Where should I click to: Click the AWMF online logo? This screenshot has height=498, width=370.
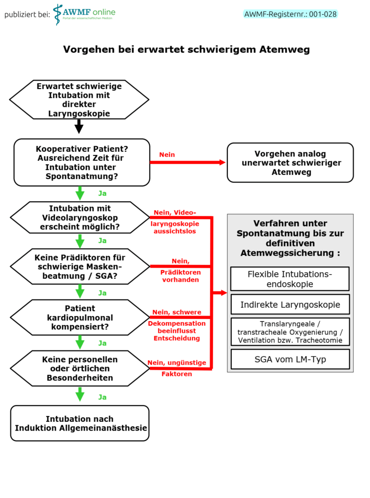click(84, 14)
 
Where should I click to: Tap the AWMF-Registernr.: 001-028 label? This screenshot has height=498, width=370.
click(291, 14)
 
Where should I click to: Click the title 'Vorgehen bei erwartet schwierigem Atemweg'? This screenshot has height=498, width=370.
click(186, 50)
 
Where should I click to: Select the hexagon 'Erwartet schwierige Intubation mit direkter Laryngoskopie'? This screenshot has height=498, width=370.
click(79, 100)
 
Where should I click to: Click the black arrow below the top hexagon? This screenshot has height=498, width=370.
click(79, 126)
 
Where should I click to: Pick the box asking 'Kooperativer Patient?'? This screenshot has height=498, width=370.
click(81, 163)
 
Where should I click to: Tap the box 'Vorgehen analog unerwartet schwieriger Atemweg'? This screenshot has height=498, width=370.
click(290, 163)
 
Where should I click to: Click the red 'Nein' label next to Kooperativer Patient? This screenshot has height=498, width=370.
click(167, 155)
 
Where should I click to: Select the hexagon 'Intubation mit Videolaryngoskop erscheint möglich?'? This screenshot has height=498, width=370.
click(80, 218)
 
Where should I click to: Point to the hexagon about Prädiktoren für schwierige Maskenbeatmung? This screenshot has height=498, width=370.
click(80, 266)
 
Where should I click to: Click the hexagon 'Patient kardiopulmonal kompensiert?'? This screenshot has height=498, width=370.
click(80, 317)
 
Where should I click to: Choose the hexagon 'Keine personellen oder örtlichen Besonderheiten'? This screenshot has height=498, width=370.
click(80, 368)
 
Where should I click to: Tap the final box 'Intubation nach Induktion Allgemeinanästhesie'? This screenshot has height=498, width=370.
click(80, 423)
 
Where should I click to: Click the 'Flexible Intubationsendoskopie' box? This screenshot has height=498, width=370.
click(290, 279)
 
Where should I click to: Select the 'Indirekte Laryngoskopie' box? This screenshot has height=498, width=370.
click(290, 304)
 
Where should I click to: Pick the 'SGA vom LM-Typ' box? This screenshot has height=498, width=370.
click(290, 359)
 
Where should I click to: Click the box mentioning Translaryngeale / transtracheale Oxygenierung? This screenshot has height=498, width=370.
click(290, 332)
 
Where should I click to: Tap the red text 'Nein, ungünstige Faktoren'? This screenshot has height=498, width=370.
click(177, 368)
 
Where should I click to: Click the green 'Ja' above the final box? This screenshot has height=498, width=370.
click(102, 397)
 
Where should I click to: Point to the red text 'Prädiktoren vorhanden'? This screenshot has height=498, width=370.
click(180, 276)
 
